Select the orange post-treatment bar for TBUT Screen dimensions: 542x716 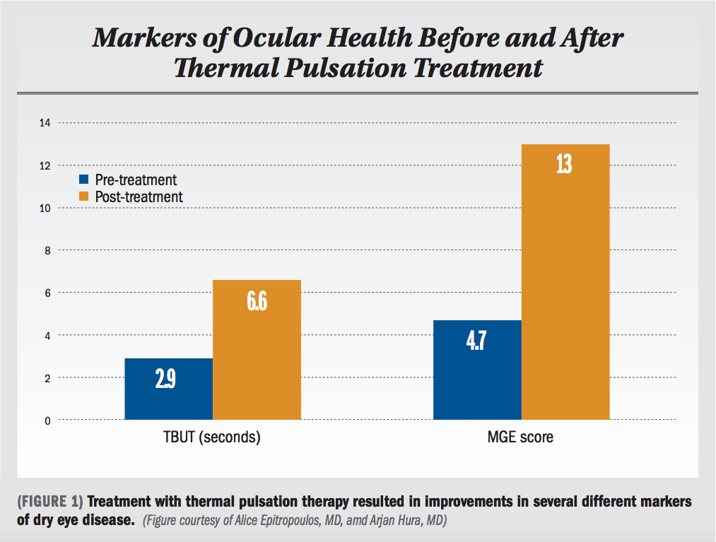(x=257, y=350)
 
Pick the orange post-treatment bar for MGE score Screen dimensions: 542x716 (x=565, y=283)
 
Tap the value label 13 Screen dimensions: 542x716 (x=564, y=165)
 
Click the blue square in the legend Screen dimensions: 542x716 (x=84, y=179)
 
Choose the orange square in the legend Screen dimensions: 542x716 (x=84, y=196)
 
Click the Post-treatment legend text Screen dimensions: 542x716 (x=139, y=197)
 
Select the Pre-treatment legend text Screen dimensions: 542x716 (x=136, y=180)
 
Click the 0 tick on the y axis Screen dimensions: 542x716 (x=47, y=420)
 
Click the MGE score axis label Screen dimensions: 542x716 (x=521, y=437)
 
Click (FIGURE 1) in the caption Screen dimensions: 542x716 (x=50, y=502)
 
